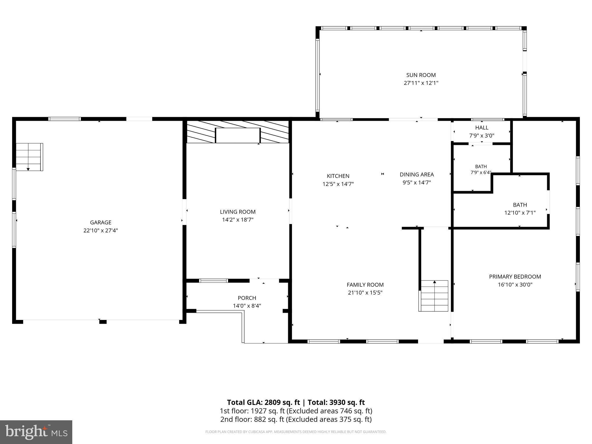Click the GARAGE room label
point(101,223)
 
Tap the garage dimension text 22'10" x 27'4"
point(101,230)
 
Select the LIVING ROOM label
point(238,212)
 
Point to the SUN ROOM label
point(421,75)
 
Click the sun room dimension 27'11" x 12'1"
point(421,83)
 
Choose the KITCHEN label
point(338,176)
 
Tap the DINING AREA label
point(417,175)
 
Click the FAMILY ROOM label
point(365,285)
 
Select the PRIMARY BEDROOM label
point(515,277)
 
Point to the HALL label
point(482,128)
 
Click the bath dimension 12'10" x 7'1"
point(520,213)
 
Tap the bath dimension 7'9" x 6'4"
point(481,173)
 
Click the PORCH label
point(247,298)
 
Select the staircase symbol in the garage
point(29,157)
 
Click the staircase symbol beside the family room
point(433,296)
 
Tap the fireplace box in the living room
point(238,135)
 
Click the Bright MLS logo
point(36,432)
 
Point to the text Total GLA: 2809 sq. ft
point(264,402)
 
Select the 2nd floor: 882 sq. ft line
point(296,419)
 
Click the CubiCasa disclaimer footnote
point(296,432)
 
